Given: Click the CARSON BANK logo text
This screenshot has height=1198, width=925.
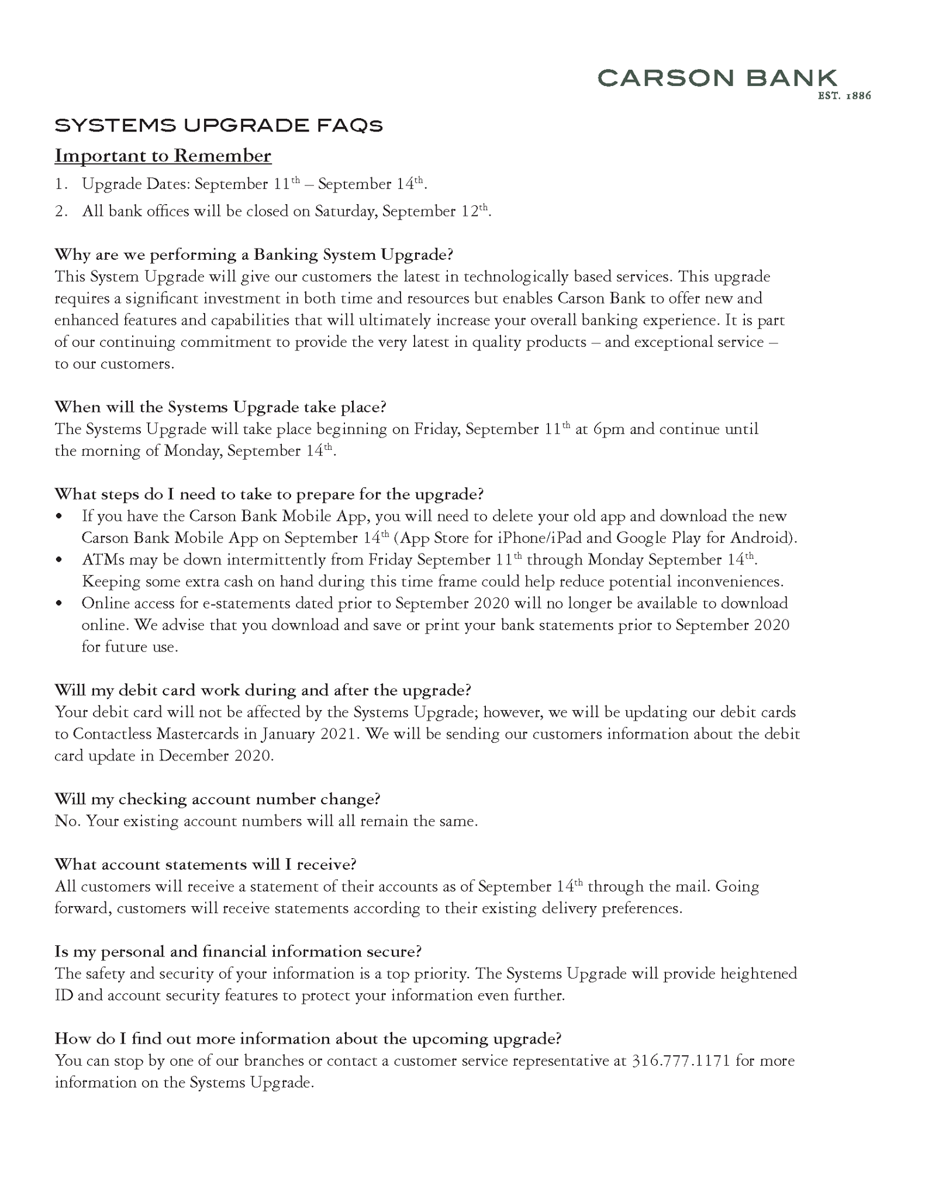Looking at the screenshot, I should (717, 78).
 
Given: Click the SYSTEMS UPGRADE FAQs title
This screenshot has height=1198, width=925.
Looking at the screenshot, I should (219, 126).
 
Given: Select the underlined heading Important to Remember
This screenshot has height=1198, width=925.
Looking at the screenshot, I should (163, 156).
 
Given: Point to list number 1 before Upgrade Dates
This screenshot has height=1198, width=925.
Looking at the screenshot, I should (61, 185).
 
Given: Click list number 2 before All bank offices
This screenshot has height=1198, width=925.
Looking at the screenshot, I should (61, 212).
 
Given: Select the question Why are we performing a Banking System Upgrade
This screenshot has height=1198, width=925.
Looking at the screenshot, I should (254, 255).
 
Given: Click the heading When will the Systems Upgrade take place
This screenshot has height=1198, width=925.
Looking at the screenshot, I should (220, 407).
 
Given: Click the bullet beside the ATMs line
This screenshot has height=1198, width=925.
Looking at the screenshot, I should (58, 560).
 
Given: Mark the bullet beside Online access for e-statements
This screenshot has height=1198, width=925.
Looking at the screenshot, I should (58, 604).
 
